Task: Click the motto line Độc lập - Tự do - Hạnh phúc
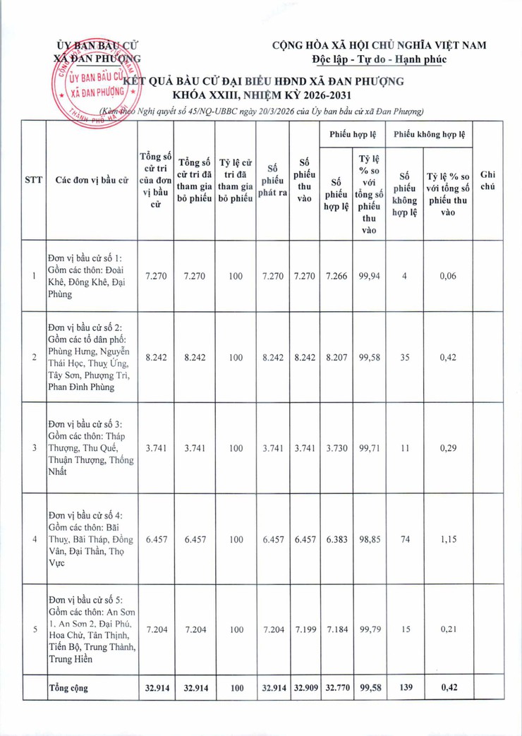pyautogui.click(x=380, y=59)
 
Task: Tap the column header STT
pyautogui.click(x=33, y=180)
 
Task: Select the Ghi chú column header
pyautogui.click(x=487, y=180)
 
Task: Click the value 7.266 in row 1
pyautogui.click(x=336, y=277)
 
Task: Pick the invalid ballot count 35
pyautogui.click(x=404, y=358)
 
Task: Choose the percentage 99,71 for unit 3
pyautogui.click(x=369, y=448)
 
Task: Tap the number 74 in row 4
pyautogui.click(x=404, y=539)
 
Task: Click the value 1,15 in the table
pyautogui.click(x=448, y=539)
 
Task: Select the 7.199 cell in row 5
pyautogui.click(x=305, y=629)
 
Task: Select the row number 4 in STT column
pyautogui.click(x=35, y=539)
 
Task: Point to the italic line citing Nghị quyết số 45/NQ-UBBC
pyautogui.click(x=261, y=111)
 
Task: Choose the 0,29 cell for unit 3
pyautogui.click(x=448, y=448)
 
